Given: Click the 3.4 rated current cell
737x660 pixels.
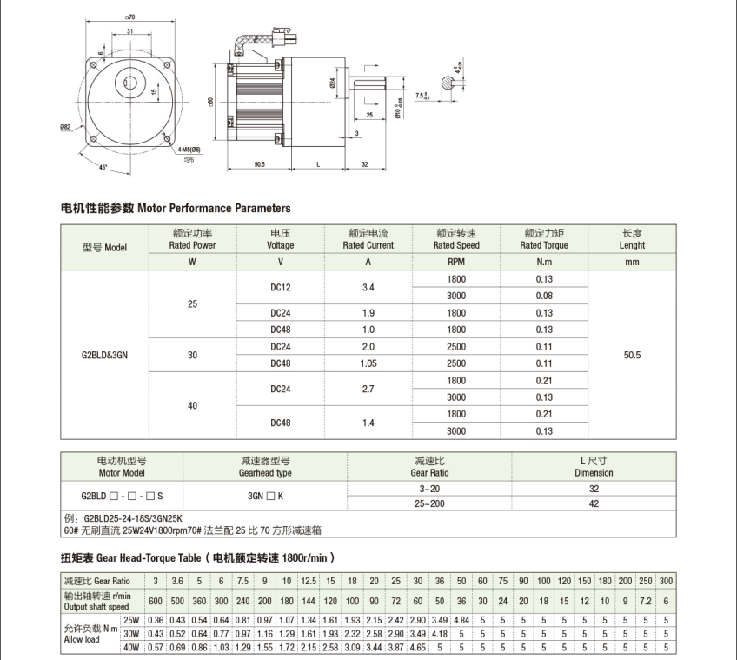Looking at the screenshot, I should pos(368,287).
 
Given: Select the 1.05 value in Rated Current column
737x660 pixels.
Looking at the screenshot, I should pos(368,363).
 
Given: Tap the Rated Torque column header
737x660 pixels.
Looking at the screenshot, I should pos(544,239).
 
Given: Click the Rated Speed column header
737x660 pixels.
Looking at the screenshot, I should pos(456,239).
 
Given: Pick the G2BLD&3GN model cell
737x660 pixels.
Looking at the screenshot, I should pos(104,355).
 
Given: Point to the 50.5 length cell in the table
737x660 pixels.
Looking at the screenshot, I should pos(632,355).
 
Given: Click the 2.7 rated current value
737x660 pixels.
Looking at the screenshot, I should pos(368,389).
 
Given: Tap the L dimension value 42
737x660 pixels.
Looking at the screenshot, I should pos(594,503).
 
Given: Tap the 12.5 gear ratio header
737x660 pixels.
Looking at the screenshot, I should pos(308,581).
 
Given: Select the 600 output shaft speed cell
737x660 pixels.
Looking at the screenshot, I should pos(155,600).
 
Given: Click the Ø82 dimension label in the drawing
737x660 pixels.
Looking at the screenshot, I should pos(65,128).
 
